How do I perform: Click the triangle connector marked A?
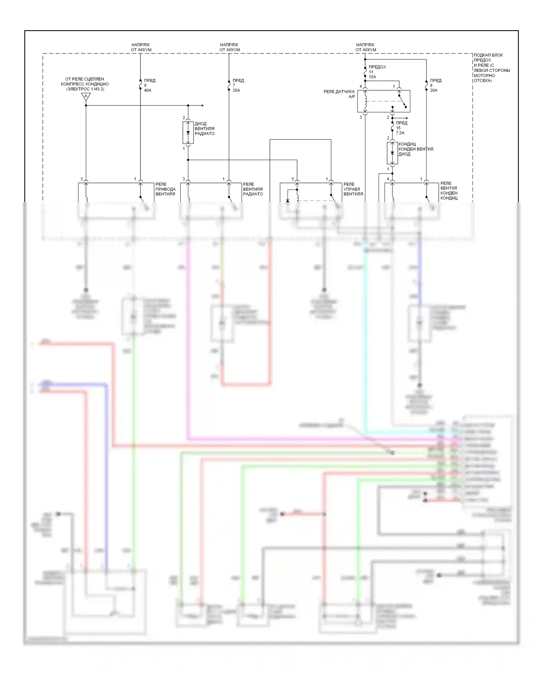tap(86, 97)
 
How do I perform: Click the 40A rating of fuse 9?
tap(147, 90)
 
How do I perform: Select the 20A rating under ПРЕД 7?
tap(236, 90)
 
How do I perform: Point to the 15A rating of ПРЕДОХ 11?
tap(372, 77)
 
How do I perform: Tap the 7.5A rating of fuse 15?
tap(400, 133)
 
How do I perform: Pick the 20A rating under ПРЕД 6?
tap(434, 90)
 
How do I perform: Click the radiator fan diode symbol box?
tap(188, 132)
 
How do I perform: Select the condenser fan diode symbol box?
tap(392, 153)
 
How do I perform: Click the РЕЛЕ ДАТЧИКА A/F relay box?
tap(383, 101)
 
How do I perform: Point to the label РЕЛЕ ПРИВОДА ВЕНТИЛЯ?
tap(165, 189)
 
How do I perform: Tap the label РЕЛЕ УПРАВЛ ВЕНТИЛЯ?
tap(353, 189)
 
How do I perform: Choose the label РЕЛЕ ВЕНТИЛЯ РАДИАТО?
tap(253, 189)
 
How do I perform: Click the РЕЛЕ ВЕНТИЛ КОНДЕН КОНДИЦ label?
tap(449, 191)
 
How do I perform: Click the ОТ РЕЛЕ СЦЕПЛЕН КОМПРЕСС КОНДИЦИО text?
tap(84, 84)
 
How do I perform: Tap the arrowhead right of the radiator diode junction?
tap(202, 105)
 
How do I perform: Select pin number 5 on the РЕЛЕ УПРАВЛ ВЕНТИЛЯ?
tap(293, 179)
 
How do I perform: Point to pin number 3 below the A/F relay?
tap(361, 117)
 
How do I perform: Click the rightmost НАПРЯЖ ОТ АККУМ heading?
tap(366, 47)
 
